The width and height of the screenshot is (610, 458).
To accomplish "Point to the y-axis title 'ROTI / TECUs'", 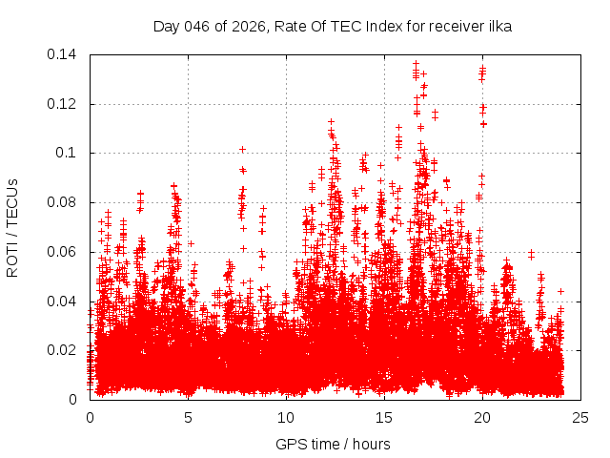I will point(12,226).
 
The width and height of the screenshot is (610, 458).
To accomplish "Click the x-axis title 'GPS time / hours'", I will point(333,444).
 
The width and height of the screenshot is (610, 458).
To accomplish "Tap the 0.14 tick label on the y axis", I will point(63,54).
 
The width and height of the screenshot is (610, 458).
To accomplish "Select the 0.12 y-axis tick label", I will point(63,104).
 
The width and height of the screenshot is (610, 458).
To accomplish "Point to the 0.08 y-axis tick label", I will point(63,202).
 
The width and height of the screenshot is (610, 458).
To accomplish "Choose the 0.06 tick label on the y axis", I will point(63,252).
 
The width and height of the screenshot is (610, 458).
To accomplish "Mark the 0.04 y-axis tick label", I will point(63,302).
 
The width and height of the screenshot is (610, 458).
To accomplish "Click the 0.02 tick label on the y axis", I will point(63,350).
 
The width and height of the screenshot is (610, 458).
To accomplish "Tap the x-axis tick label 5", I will point(188,417).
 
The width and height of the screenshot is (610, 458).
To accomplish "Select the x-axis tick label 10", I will point(286,417).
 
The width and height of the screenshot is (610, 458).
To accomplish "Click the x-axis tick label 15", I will point(384,417).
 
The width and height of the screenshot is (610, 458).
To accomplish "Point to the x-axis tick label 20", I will point(482,417).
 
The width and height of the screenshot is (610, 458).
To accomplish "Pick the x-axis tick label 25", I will point(580,417).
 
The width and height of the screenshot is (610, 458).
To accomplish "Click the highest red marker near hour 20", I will point(483,68).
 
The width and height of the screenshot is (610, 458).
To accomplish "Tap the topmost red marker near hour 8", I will point(243,149).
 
